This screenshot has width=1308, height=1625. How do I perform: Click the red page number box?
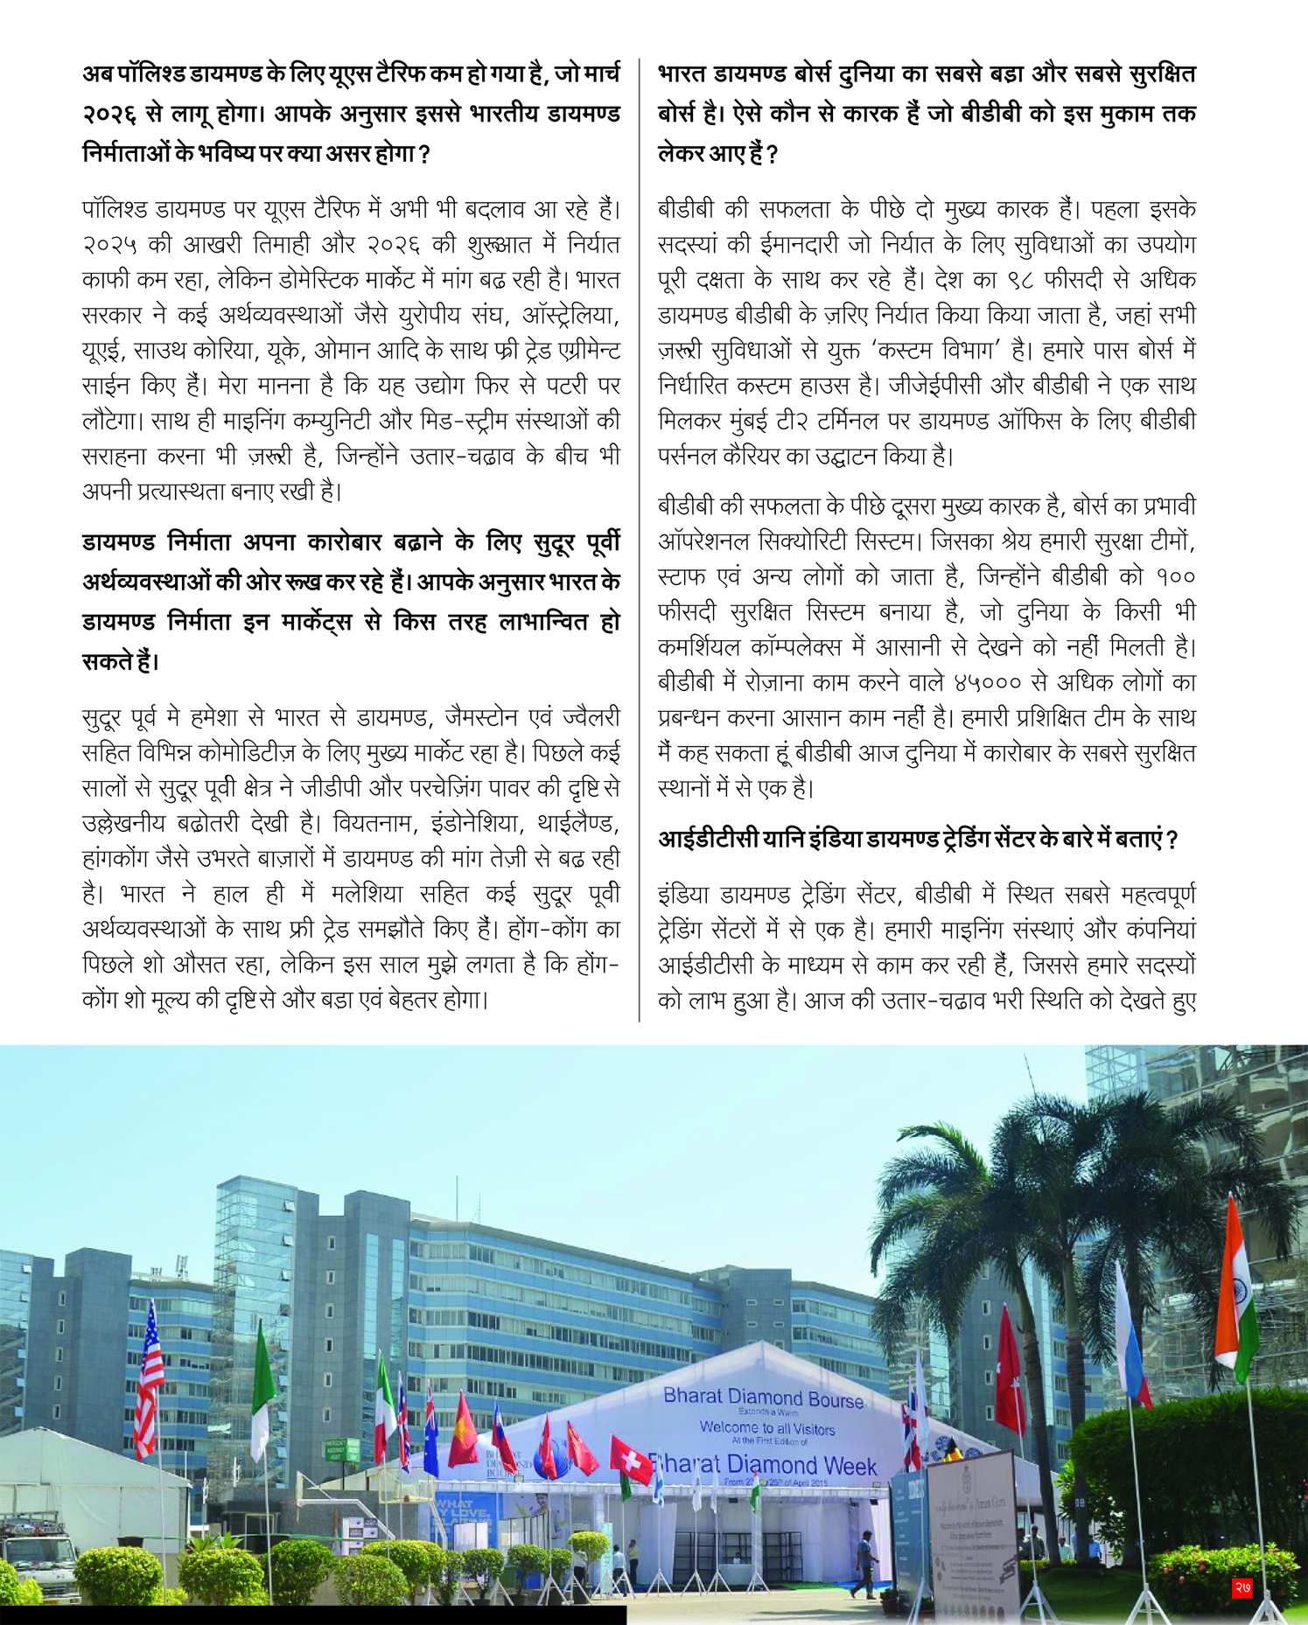(1242, 1587)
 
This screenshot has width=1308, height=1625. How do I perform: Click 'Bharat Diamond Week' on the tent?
(763, 1465)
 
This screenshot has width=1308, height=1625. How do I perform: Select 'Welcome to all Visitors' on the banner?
(767, 1428)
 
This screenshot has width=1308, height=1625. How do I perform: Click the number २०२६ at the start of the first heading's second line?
(109, 115)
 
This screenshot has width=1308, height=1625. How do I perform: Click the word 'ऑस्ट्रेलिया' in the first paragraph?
(570, 315)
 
